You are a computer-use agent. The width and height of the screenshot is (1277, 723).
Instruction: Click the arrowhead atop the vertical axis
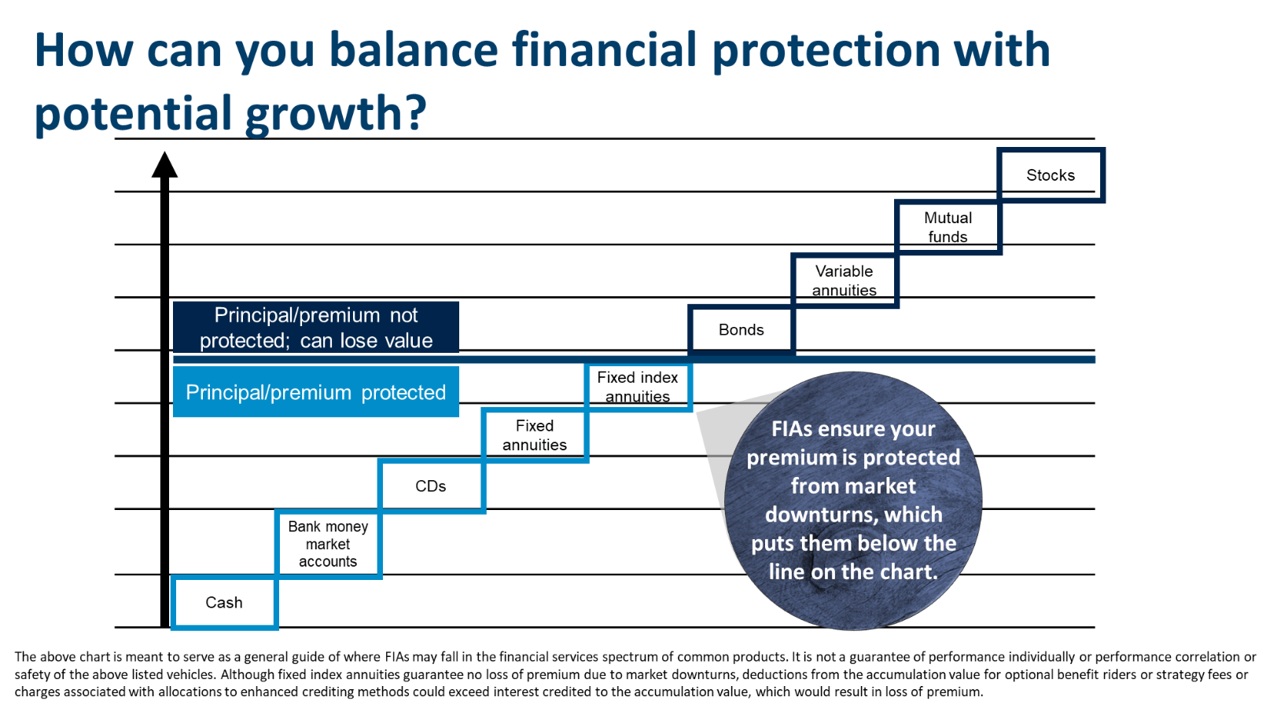click(165, 165)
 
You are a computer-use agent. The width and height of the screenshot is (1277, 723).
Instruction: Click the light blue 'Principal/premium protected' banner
click(316, 392)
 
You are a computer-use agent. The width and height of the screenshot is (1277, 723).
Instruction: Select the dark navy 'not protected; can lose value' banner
click(316, 328)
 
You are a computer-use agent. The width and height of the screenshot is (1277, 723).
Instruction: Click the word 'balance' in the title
click(414, 50)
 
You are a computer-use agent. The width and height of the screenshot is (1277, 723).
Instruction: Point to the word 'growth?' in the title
click(336, 114)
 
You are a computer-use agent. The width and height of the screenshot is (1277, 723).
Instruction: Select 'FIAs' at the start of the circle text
click(793, 429)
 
